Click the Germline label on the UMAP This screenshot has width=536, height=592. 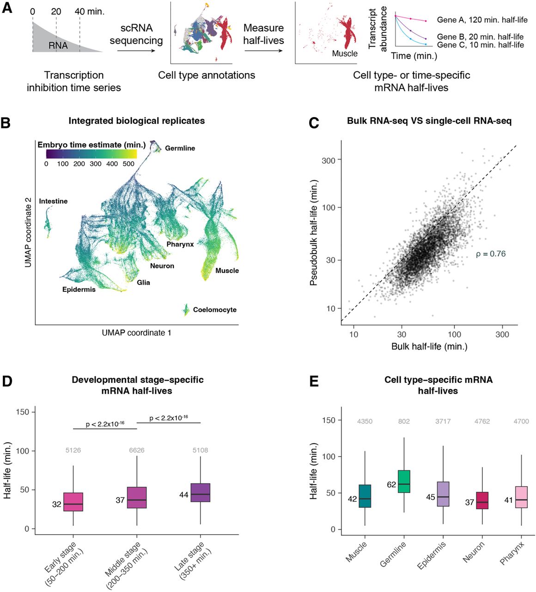[180, 148]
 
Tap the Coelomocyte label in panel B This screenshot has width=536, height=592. [214, 310]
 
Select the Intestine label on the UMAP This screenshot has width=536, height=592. [53, 201]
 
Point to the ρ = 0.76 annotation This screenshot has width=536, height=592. [491, 254]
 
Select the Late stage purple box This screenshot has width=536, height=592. [200, 493]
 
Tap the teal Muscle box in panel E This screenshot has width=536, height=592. [365, 496]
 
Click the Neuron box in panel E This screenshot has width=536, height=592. [482, 500]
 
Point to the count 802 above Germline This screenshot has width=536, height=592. [404, 421]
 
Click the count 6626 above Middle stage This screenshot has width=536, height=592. [137, 450]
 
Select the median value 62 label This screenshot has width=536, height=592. [392, 485]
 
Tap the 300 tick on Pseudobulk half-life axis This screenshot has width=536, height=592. [329, 160]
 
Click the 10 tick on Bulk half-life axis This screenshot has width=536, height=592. [353, 334]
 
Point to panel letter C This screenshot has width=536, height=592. [314, 123]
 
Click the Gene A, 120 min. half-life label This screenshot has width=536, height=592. [482, 20]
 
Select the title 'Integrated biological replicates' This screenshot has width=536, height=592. [136, 121]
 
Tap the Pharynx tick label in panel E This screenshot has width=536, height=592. [512, 553]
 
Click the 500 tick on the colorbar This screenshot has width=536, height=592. [129, 164]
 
